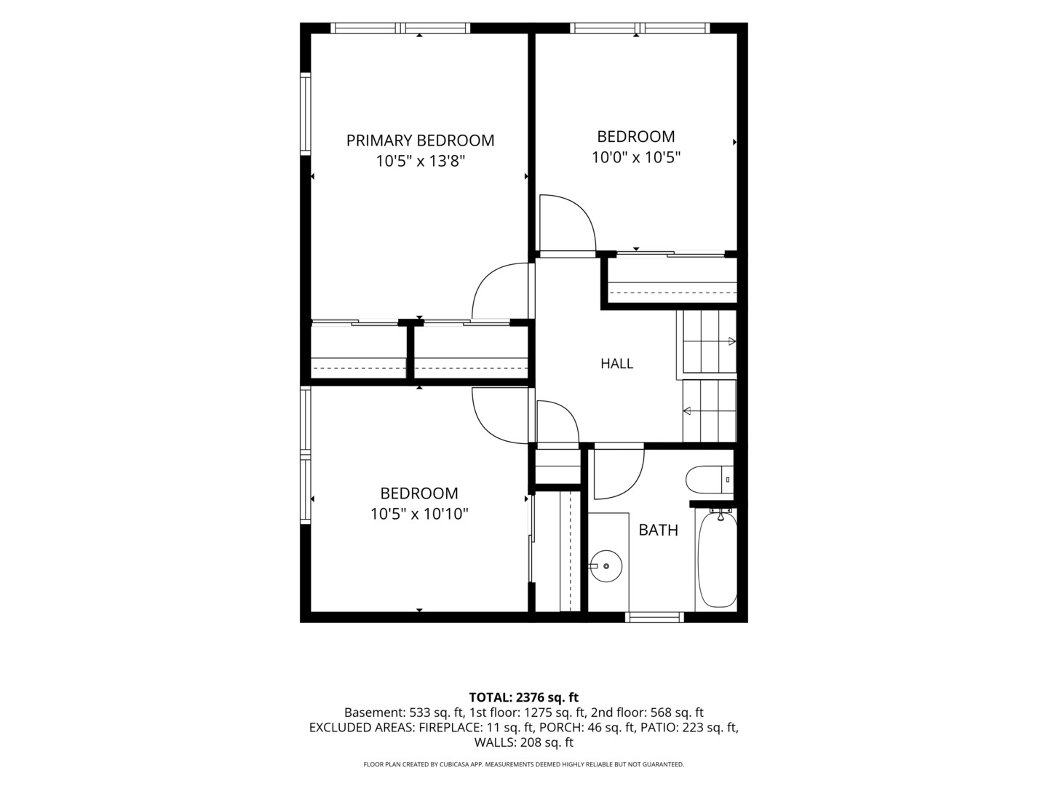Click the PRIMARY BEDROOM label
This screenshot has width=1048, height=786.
click(x=420, y=140)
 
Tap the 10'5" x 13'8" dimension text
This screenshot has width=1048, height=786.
click(x=420, y=162)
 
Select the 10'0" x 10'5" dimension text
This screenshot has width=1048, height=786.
click(x=636, y=157)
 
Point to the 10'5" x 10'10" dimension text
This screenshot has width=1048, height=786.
click(x=419, y=514)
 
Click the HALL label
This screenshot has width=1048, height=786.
click(x=617, y=364)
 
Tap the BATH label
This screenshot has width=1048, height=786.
click(x=659, y=531)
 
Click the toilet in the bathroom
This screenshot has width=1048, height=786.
click(x=710, y=480)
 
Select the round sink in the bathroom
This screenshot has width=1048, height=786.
click(x=606, y=566)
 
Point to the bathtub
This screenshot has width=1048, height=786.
click(x=717, y=559)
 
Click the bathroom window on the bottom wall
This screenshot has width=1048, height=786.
click(x=654, y=618)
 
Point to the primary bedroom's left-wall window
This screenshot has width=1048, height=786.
click(x=306, y=114)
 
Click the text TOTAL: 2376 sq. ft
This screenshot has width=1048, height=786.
click(x=524, y=697)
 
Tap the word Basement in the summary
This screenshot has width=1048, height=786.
click(x=374, y=712)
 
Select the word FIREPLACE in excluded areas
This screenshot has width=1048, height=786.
click(x=449, y=727)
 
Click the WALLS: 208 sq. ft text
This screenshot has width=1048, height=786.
click(x=524, y=742)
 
